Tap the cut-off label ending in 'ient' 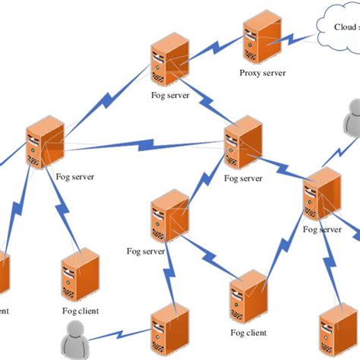tap(3, 310)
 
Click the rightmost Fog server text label tap(321, 229)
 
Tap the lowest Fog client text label tap(246, 333)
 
